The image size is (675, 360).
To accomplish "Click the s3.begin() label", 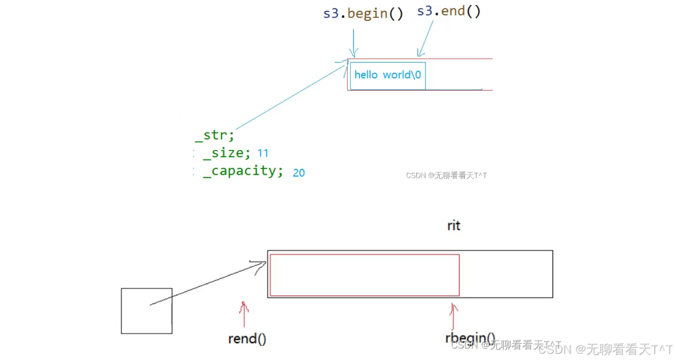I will click(x=363, y=13).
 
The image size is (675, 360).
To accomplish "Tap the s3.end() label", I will click(x=449, y=11).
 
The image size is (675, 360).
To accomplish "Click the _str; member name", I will click(x=215, y=135).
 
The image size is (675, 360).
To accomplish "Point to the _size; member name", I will click(x=227, y=153).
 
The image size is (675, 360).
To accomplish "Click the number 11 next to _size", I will click(x=263, y=153).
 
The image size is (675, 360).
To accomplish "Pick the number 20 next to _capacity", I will click(x=299, y=172).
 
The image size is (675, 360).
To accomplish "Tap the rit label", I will click(x=454, y=225).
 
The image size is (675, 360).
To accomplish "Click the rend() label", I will click(x=247, y=339).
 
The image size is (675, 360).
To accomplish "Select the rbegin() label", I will click(x=470, y=339).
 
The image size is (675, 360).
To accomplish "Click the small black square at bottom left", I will click(x=146, y=310).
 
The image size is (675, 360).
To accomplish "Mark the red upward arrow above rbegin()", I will click(x=454, y=316).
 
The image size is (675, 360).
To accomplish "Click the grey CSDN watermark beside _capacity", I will click(x=446, y=175).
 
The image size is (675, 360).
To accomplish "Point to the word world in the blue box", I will click(x=397, y=75).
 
